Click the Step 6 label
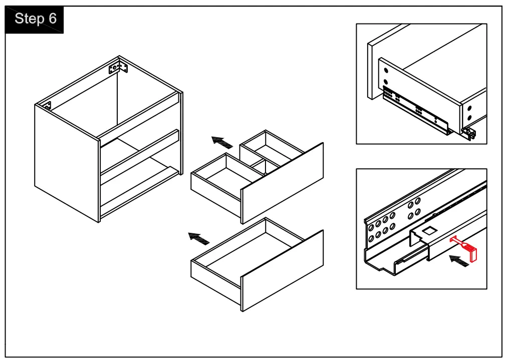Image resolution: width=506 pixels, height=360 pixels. point(35,19)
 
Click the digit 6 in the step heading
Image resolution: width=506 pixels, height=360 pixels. point(53,19)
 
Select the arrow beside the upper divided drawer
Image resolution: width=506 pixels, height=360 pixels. point(222,142)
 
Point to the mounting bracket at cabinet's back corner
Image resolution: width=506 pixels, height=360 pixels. point(115,68)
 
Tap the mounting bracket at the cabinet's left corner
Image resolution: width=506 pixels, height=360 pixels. point(47,106)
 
